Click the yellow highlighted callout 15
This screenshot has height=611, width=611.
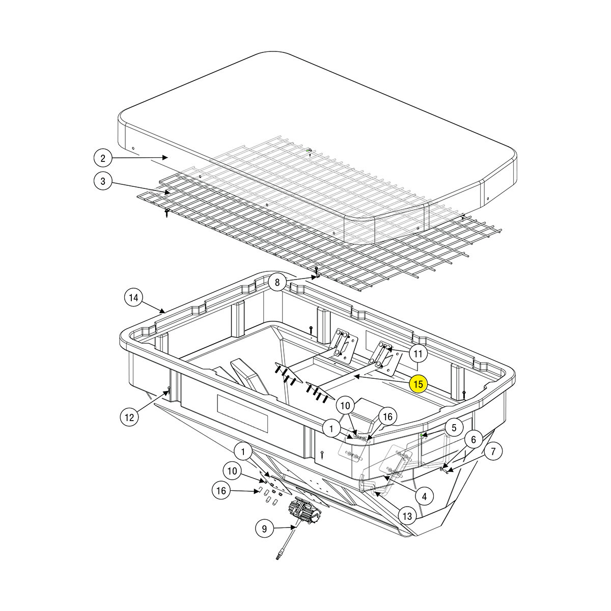point(418,384)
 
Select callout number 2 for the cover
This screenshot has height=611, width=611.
point(103,158)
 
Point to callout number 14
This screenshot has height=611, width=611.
point(133,297)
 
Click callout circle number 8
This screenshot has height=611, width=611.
point(277,282)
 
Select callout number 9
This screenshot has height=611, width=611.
point(264,529)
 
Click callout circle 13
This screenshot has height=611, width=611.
point(407,516)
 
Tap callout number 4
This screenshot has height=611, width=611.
point(424,495)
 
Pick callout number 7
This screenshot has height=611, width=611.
point(493,451)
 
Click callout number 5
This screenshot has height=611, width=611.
point(454,427)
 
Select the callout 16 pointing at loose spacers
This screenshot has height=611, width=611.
point(221,491)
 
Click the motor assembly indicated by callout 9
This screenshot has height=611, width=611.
point(303,511)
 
